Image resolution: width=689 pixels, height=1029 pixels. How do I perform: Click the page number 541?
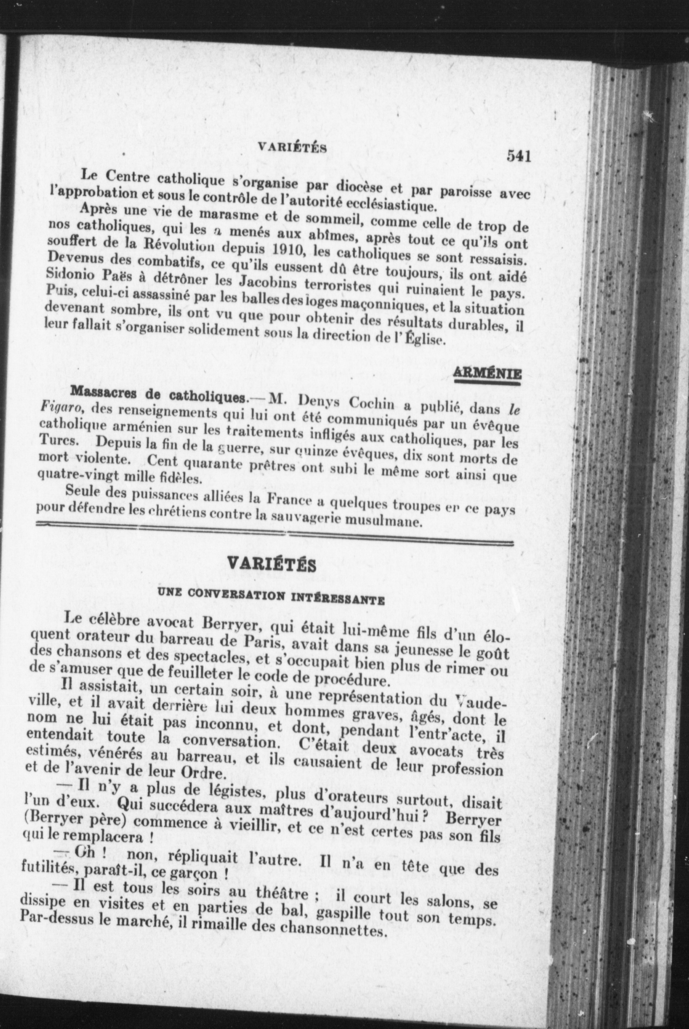point(519,157)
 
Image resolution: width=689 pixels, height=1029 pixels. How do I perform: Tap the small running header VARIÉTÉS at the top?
point(292,147)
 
